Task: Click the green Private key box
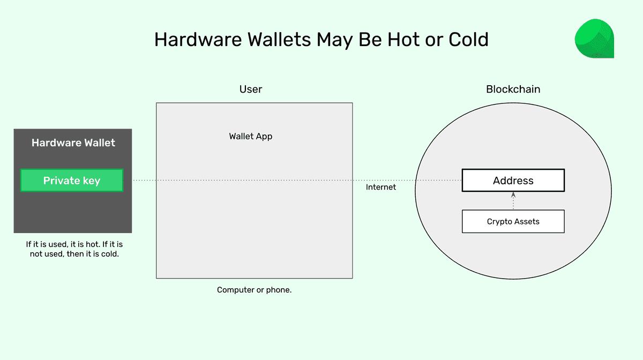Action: coord(72,181)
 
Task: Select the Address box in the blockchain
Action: coord(513,181)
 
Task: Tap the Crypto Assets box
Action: coord(513,221)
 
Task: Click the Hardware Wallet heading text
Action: coord(73,142)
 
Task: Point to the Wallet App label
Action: coord(251,136)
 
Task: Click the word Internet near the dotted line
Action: coord(381,187)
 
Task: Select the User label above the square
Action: coord(251,89)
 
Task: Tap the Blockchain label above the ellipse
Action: coord(513,89)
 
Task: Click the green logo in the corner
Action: coord(594,39)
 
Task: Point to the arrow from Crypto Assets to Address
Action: coord(513,201)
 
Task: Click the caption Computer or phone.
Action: coord(255,290)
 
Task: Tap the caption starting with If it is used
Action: coord(74,249)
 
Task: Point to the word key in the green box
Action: coord(91,181)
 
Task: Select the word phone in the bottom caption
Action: coord(279,290)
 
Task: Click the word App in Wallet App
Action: coord(264,137)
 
